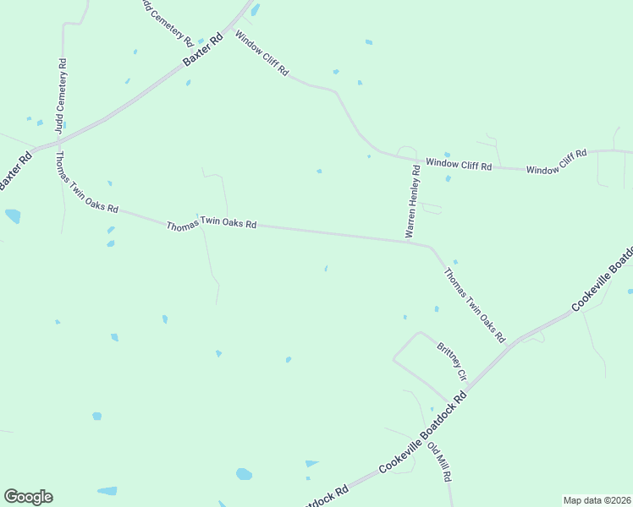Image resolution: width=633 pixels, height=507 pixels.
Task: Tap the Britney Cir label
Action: point(452,361)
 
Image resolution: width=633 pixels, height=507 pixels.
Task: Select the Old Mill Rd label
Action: point(439,461)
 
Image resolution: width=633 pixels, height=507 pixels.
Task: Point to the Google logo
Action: point(28,497)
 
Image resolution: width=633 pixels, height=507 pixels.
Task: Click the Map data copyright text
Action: point(596,500)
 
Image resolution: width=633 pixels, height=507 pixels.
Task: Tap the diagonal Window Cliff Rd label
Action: point(262,54)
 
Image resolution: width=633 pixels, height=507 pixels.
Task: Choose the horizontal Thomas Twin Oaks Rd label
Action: point(211,226)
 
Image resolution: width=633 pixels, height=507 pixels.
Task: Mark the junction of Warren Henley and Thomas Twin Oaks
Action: point(406,241)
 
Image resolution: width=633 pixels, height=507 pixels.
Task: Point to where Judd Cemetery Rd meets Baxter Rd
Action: point(61,138)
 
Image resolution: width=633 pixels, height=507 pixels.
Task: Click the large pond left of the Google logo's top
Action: point(13,215)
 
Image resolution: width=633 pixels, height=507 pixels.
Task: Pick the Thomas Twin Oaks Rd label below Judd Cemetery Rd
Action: point(86,183)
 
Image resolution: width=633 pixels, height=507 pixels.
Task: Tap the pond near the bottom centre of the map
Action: point(244,474)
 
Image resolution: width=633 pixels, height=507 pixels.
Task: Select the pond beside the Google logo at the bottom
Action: point(107,491)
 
